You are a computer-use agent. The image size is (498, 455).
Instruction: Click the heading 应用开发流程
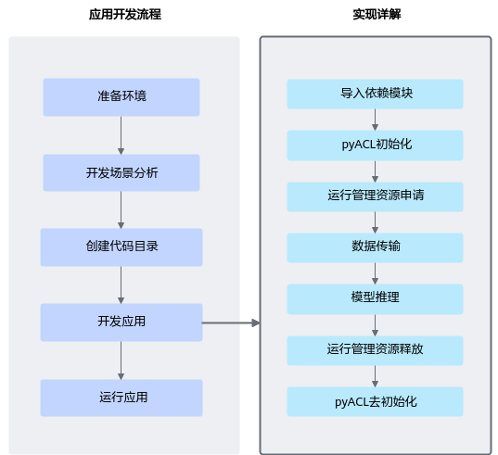click(125, 15)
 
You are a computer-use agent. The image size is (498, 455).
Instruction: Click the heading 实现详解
click(377, 15)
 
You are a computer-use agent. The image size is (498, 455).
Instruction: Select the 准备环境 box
click(121, 97)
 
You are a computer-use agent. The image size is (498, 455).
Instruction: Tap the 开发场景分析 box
click(121, 173)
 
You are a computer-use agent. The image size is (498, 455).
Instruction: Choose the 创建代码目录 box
click(121, 247)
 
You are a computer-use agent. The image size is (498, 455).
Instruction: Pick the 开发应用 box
click(121, 322)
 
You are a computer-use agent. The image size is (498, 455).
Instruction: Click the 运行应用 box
click(121, 398)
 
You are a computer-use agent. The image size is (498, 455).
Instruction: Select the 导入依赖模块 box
click(375, 95)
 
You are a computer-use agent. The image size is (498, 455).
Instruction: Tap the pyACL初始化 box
click(375, 145)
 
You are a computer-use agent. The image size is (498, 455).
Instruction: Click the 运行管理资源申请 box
click(375, 196)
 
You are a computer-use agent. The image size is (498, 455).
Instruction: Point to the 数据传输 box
click(375, 247)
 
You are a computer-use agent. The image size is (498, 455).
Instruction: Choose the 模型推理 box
click(375, 299)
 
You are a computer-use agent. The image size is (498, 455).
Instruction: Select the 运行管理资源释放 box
click(375, 350)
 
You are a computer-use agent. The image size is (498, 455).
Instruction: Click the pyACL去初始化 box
click(375, 401)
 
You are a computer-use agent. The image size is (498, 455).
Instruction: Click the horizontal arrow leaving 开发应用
click(231, 323)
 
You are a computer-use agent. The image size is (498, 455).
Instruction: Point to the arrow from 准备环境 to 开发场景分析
click(121, 135)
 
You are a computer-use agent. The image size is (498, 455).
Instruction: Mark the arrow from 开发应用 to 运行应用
click(121, 360)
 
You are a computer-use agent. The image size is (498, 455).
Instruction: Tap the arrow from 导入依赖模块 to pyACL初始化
click(375, 120)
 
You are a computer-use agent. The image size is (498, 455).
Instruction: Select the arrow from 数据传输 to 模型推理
click(375, 273)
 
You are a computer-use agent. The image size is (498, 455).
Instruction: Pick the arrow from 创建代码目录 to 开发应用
click(121, 284)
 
